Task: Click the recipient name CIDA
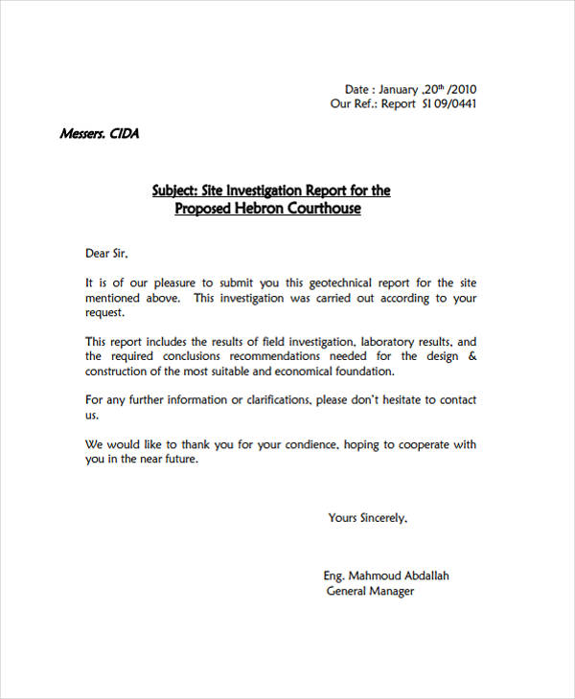pos(126,134)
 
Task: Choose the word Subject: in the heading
pos(174,191)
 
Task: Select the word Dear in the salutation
pos(99,254)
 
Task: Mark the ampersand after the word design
pos(471,356)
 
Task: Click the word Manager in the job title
pos(392,592)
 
